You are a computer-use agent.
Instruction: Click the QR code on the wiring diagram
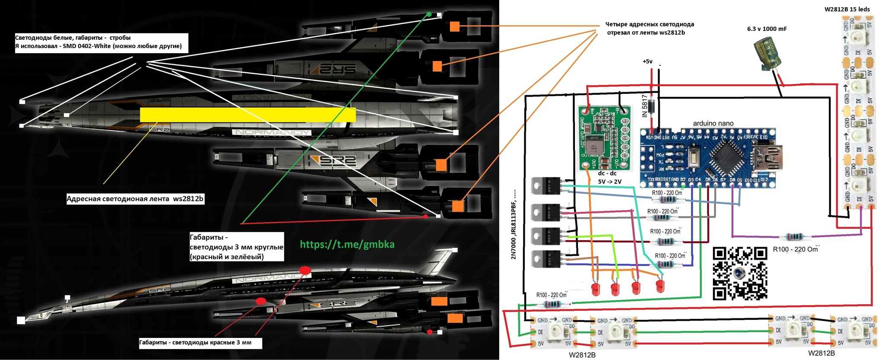(740, 273)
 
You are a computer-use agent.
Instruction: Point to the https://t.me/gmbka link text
(347, 244)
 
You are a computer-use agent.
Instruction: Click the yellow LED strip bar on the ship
(248, 115)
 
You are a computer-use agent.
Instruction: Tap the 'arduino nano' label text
(713, 123)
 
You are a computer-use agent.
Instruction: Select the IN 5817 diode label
(645, 106)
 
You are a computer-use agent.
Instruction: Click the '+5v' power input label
(647, 61)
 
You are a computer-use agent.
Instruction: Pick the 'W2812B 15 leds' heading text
(847, 9)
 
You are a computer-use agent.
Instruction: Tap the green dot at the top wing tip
(429, 14)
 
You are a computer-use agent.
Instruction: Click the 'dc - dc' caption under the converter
(607, 173)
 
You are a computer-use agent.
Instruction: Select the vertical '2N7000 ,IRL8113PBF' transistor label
(514, 224)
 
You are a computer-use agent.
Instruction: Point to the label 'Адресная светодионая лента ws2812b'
(135, 199)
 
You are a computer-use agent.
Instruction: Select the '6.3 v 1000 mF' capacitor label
(767, 29)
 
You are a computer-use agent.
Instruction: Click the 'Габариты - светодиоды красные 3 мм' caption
(195, 343)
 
